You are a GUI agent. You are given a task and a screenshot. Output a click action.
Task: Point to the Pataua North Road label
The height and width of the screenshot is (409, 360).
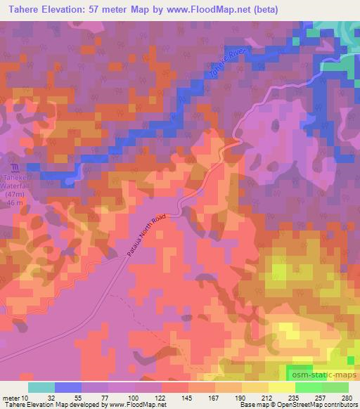(x=149, y=235)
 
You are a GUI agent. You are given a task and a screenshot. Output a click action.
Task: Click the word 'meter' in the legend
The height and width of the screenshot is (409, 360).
(x=13, y=397)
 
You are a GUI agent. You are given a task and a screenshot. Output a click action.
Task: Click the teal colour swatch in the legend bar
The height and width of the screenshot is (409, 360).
(x=41, y=387)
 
